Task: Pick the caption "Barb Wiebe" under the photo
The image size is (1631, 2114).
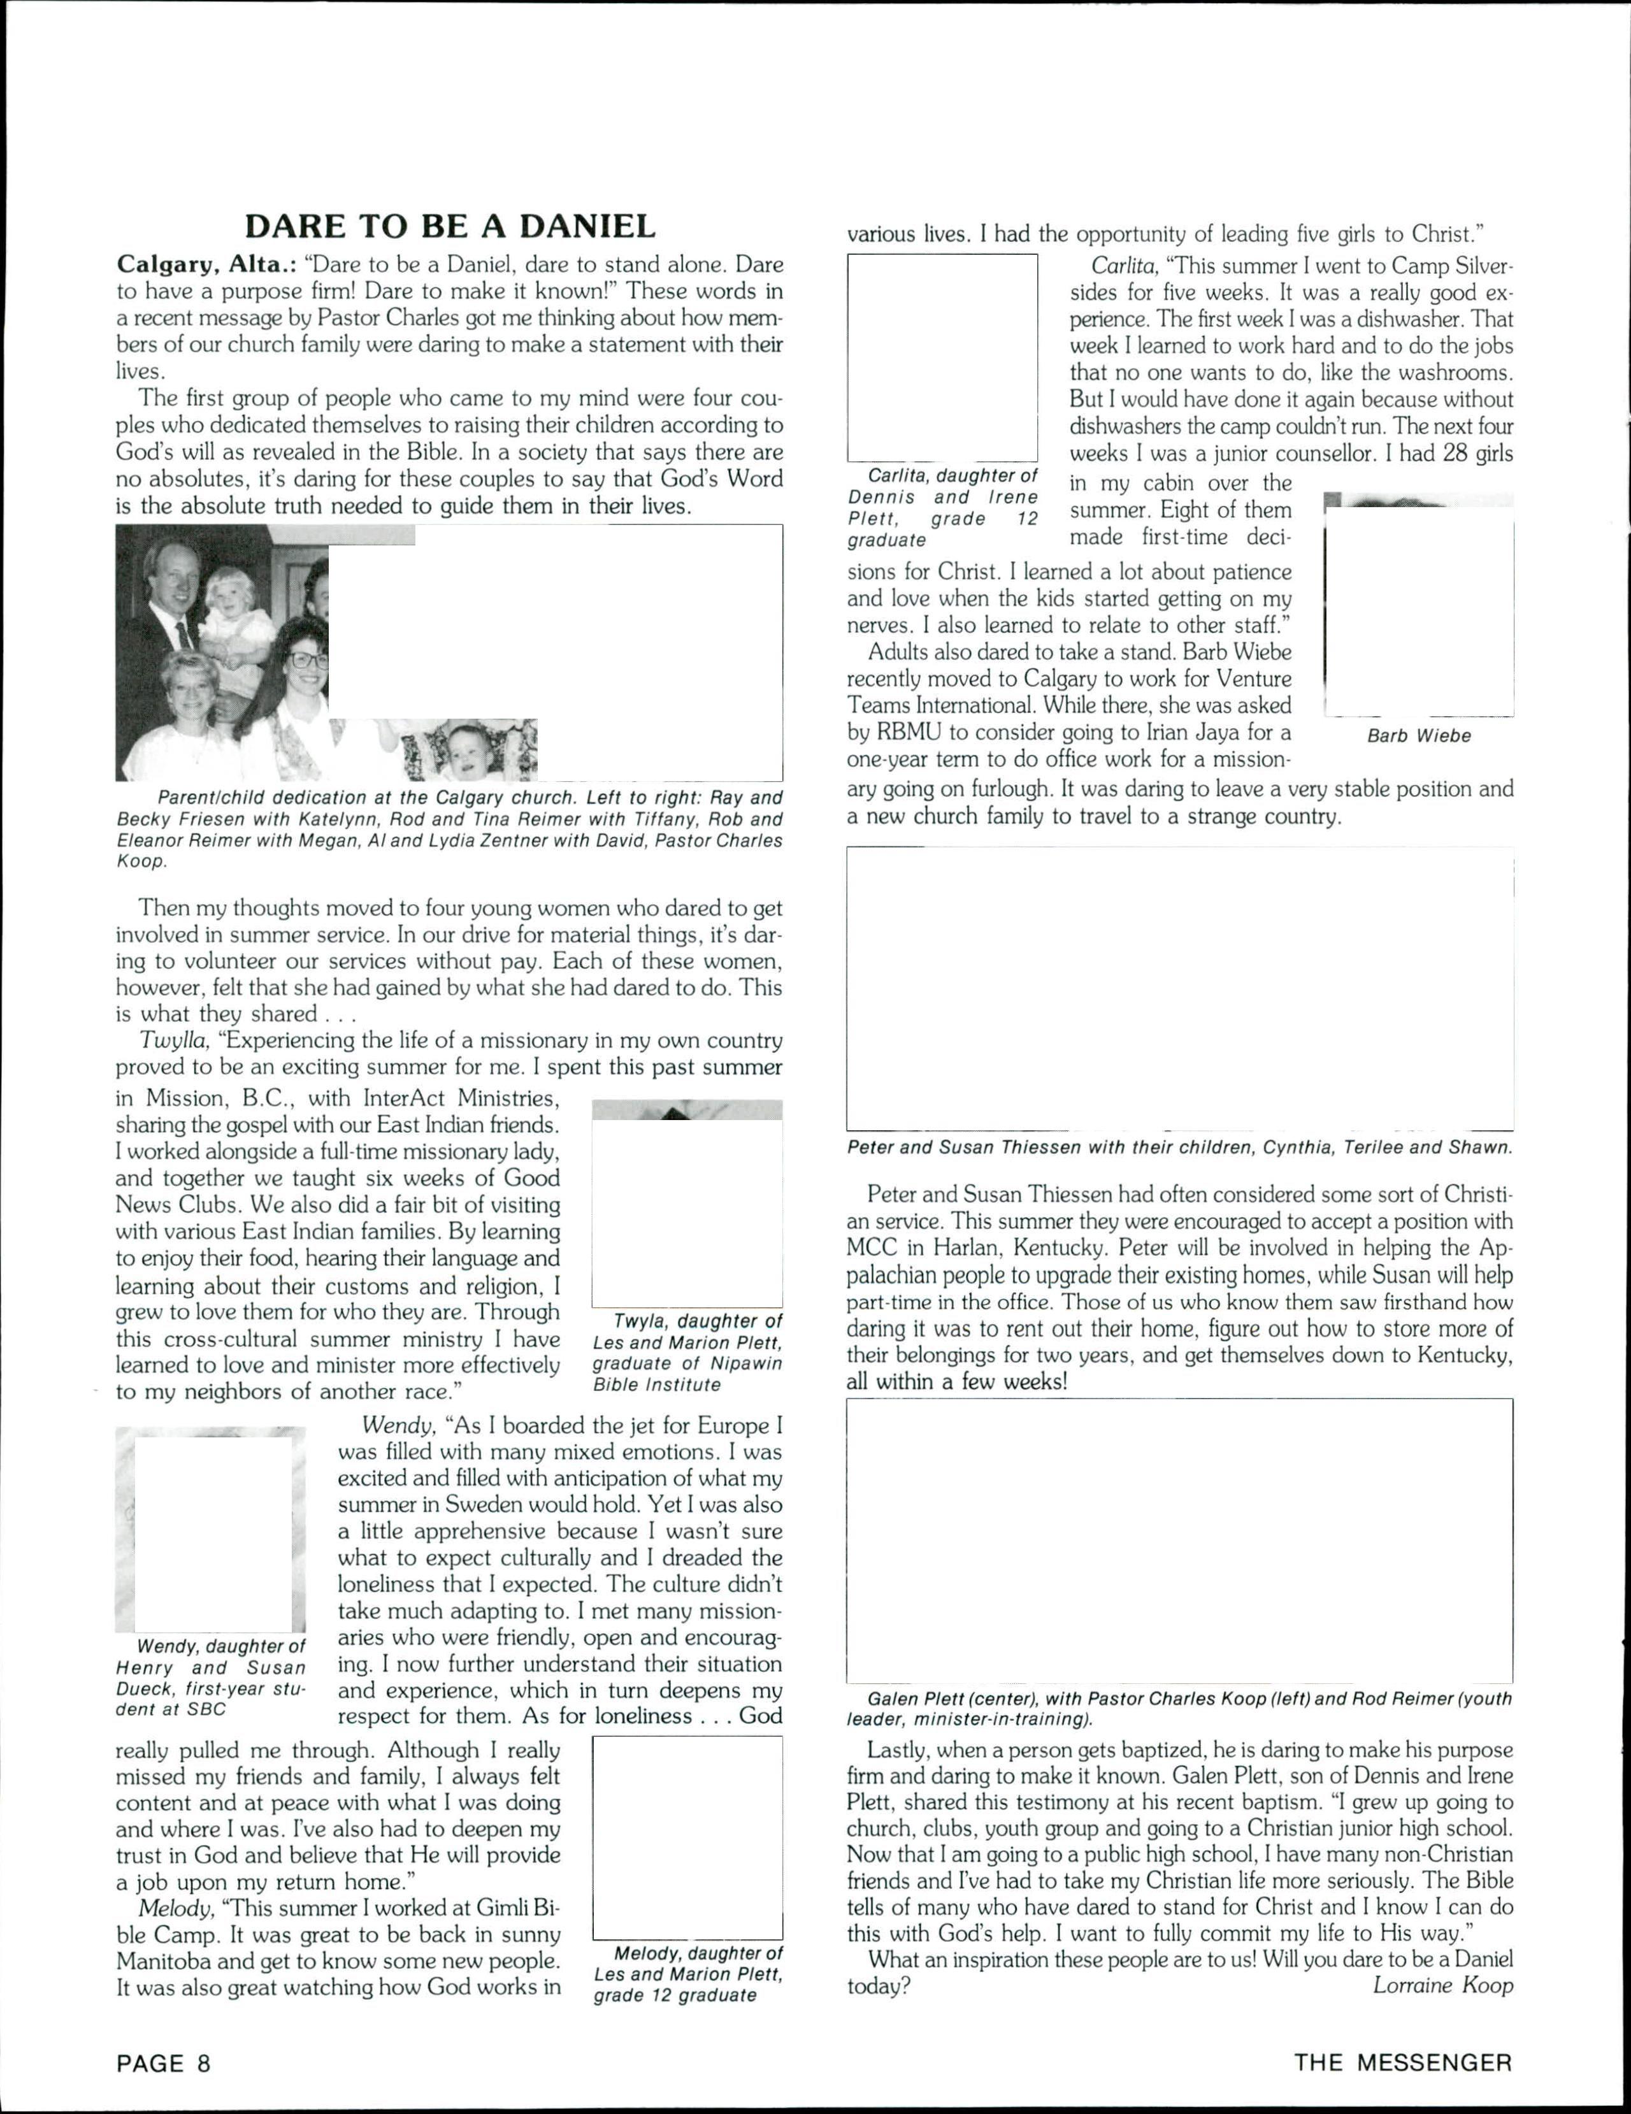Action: click(x=1418, y=736)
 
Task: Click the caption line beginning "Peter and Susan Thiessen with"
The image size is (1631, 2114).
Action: click(x=1179, y=1148)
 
